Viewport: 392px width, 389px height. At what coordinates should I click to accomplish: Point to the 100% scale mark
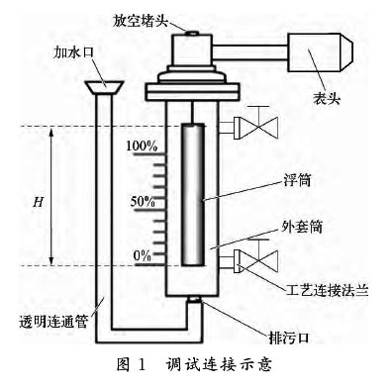[x=143, y=147]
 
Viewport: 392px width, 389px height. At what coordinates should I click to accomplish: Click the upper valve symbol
[x=260, y=127]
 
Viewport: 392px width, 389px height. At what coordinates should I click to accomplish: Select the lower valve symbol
[x=260, y=262]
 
